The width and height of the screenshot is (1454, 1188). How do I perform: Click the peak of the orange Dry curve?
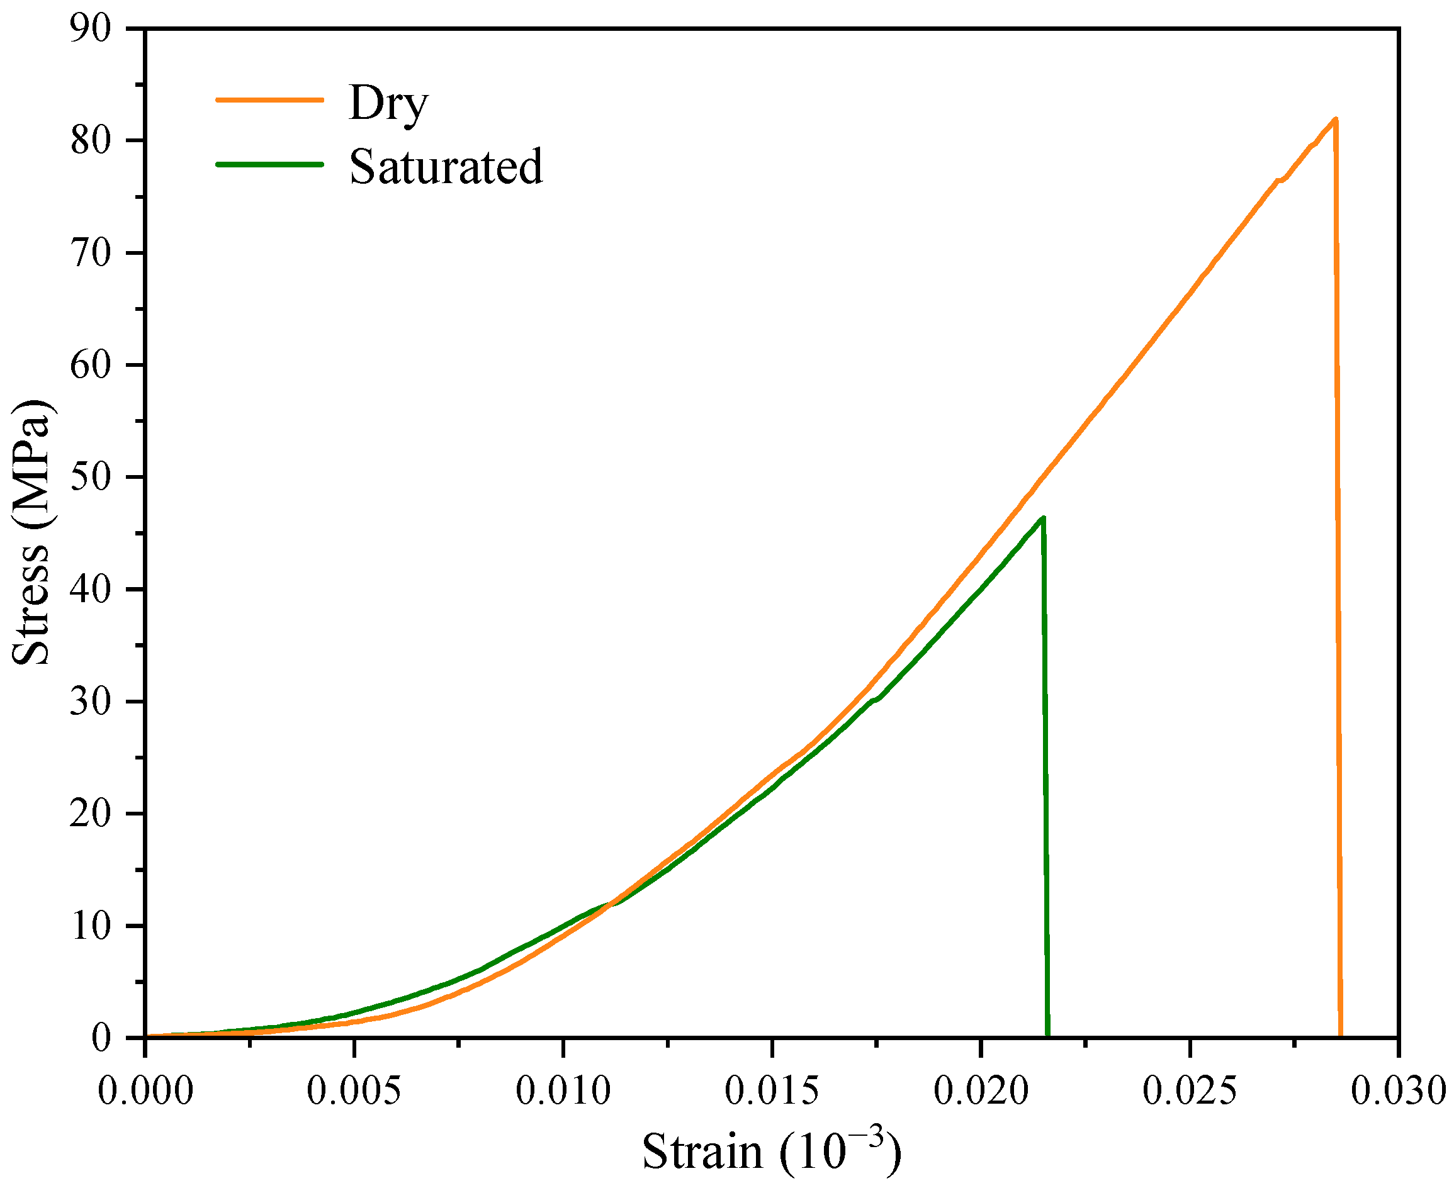[1335, 120]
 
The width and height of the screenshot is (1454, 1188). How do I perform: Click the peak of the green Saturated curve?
[1042, 518]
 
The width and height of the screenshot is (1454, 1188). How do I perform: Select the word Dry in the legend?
[388, 104]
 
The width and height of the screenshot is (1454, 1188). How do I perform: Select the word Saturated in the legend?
[446, 167]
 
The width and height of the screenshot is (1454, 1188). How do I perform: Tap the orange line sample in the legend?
[269, 100]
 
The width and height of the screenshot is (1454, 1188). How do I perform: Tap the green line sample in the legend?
[269, 164]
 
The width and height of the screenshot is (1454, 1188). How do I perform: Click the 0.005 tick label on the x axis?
[354, 1091]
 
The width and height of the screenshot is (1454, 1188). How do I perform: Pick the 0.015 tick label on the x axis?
[772, 1091]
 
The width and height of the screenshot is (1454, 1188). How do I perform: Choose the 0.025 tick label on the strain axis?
[1190, 1091]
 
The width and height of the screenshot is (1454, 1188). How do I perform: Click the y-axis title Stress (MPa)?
[31, 532]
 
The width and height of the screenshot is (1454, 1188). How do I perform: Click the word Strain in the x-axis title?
[702, 1152]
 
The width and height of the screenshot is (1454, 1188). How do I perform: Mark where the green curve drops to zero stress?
[1047, 1035]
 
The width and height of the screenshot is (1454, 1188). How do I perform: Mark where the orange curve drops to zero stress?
[1339, 1035]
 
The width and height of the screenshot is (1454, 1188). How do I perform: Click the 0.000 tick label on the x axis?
[145, 1091]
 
